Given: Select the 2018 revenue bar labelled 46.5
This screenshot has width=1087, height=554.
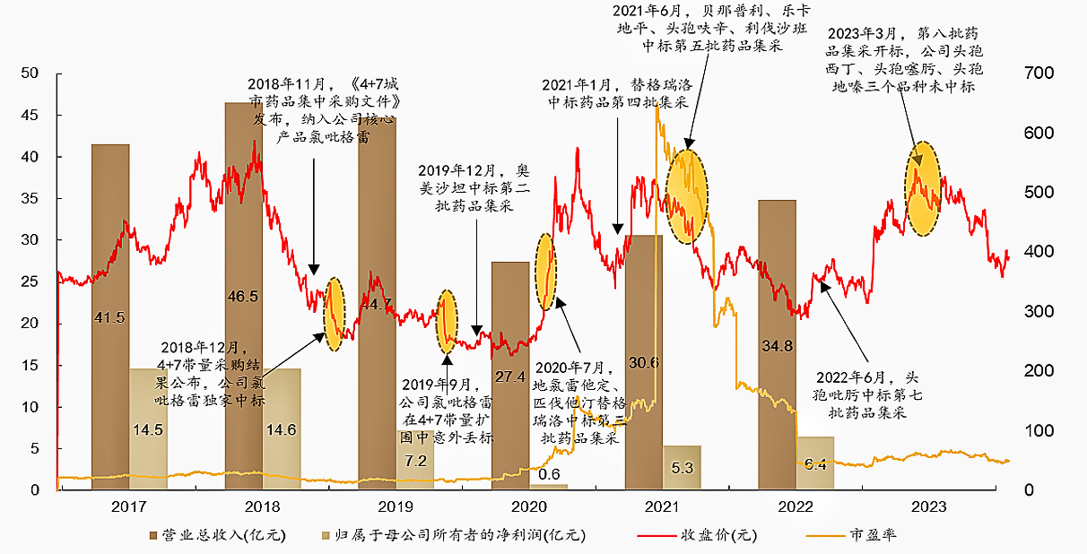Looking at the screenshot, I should (x=243, y=296).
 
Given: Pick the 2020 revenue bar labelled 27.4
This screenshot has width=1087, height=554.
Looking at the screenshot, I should (x=509, y=376).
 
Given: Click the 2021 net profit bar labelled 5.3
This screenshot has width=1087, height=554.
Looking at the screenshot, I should (x=682, y=467).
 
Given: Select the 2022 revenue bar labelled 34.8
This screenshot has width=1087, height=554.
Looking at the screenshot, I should (x=777, y=344).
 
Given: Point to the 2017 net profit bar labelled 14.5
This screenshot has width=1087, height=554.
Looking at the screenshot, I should (x=148, y=428).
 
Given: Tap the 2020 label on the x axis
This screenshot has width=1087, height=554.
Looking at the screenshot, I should (x=529, y=506).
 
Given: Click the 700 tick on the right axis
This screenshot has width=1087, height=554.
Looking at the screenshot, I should (x=1036, y=73).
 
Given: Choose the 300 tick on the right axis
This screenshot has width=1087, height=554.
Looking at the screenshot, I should (x=1036, y=311).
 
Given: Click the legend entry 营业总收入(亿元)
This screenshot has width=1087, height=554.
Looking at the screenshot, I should (x=215, y=536).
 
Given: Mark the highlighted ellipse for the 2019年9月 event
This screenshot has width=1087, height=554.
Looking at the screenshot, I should (x=447, y=321).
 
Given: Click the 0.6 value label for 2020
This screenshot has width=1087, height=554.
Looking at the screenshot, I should (x=550, y=473).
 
